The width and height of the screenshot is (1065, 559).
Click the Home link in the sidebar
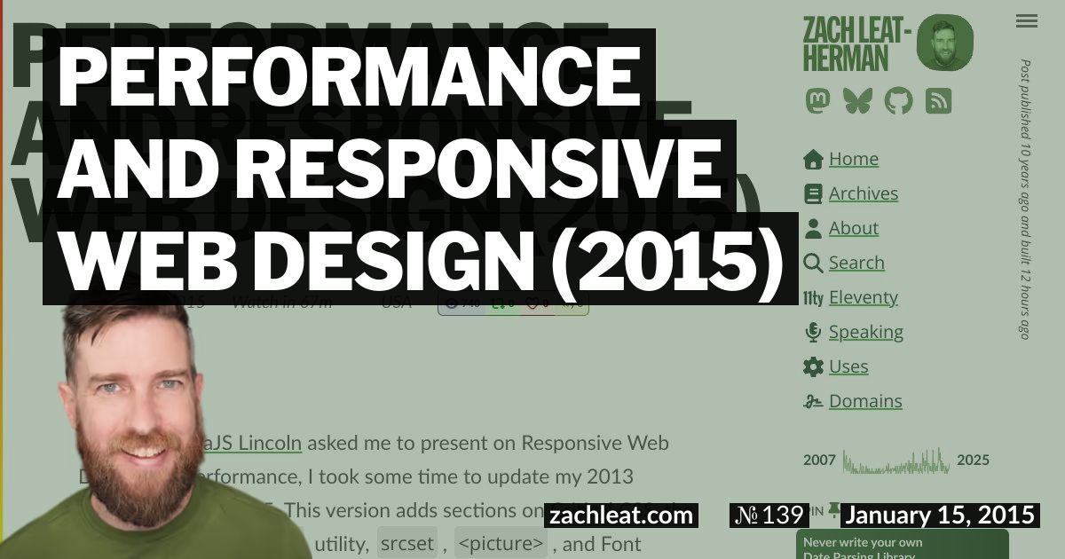coord(853,160)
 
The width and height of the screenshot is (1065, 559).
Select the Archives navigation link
coord(863,194)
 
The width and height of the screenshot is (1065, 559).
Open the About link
coord(853,229)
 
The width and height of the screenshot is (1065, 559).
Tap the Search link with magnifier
coord(856,264)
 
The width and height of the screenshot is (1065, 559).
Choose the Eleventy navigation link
coord(863,298)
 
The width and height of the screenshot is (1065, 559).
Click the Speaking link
coord(865,333)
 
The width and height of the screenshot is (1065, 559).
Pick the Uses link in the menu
coord(848,367)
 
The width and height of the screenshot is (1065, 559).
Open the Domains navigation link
coord(865,402)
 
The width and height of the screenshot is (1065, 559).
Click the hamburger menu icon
coord(1027,21)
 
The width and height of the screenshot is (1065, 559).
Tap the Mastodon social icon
coord(817,101)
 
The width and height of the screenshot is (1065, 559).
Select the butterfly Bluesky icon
coord(857,101)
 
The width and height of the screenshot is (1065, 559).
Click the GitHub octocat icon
coord(898,101)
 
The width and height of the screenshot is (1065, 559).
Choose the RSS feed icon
coord(938,101)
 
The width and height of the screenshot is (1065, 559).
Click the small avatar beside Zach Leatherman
coord(944,43)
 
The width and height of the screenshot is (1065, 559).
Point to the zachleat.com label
coord(621,516)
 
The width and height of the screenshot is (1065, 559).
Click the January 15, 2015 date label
coord(939,516)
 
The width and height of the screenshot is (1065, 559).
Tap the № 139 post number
coord(768,516)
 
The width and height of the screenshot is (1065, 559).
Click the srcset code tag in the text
coord(406,542)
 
